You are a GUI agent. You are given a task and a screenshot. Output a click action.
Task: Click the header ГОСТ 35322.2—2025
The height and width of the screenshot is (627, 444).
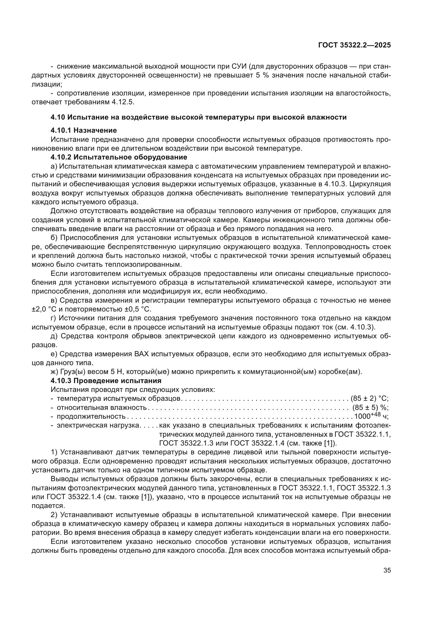coord(354,45)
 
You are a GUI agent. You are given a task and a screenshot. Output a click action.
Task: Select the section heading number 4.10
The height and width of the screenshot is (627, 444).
coord(58,117)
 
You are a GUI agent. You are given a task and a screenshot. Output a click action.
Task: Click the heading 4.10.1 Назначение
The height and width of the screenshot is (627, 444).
coord(84,130)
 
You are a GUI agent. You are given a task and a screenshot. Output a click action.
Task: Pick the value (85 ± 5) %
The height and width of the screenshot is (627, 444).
coord(370,407)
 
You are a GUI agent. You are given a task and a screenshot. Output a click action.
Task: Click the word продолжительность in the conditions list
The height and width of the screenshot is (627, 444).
coord(91,417)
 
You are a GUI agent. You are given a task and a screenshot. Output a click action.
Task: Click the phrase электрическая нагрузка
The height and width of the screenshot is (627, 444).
coord(98,425)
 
